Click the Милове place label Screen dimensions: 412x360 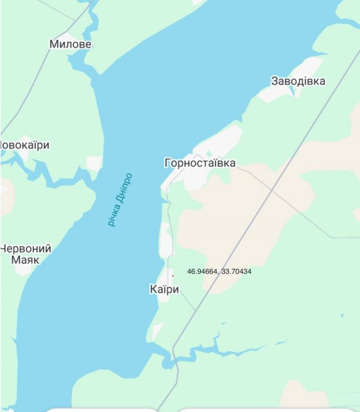pos(70,44)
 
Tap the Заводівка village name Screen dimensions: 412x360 pos(298,81)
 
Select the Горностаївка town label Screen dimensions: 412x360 pos(200,163)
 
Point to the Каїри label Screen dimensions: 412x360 pos(164,289)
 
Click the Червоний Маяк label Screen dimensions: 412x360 pos(26,254)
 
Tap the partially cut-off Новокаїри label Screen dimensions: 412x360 pos(25,145)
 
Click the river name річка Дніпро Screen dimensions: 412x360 pos(120,199)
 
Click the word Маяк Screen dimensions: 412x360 pos(25,260)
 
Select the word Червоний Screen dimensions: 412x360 pos(26,248)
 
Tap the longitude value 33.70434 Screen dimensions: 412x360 pos(236,271)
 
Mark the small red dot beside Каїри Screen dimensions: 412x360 pos(173,275)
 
